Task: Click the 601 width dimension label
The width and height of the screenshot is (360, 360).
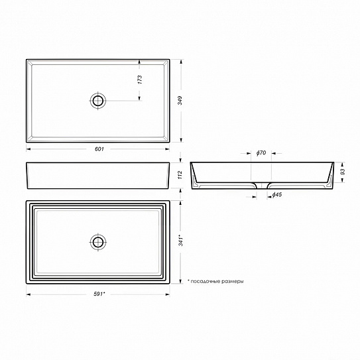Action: pyautogui.click(x=99, y=149)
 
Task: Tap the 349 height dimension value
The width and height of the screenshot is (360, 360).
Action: pyautogui.click(x=180, y=101)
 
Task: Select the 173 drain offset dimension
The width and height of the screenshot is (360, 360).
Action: pyautogui.click(x=140, y=80)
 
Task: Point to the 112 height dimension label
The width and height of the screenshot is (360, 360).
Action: pyautogui.click(x=180, y=175)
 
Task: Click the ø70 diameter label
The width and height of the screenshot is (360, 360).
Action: pyautogui.click(x=261, y=152)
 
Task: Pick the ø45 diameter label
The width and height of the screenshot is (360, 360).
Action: pyautogui.click(x=276, y=195)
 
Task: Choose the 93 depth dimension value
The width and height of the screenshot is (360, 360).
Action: pyautogui.click(x=343, y=172)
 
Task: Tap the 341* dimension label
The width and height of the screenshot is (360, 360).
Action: pyautogui.click(x=181, y=240)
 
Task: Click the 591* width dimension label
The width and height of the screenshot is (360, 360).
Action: pyautogui.click(x=99, y=294)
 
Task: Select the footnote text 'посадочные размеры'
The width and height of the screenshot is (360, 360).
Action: pyautogui.click(x=217, y=281)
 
